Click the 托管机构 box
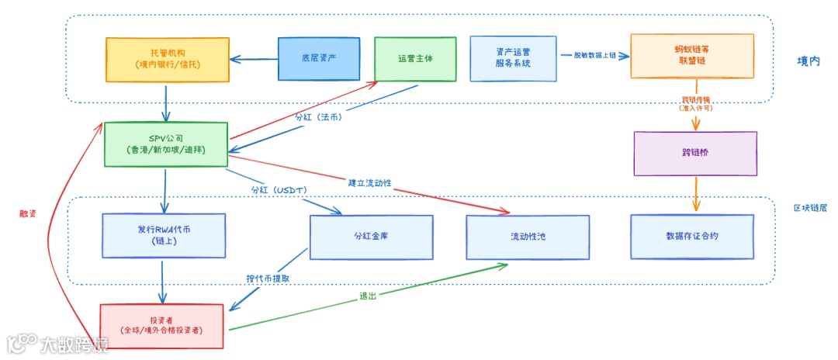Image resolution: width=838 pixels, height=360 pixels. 167,59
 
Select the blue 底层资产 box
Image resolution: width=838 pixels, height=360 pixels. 318,58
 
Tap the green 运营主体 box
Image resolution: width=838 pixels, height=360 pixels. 415,58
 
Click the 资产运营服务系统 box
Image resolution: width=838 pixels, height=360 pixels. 513,58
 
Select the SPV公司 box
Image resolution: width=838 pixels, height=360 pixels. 165,144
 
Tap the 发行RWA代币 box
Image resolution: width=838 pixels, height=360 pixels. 163,235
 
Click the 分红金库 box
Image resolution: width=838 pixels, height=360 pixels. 371,236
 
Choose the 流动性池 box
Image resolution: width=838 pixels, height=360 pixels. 527,236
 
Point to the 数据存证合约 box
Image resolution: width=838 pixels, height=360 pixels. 691,236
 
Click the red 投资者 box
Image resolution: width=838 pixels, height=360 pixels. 161,325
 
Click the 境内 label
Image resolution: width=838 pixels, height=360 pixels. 808,61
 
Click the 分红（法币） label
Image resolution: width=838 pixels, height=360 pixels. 318,117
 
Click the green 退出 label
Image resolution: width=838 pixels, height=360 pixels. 368,296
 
